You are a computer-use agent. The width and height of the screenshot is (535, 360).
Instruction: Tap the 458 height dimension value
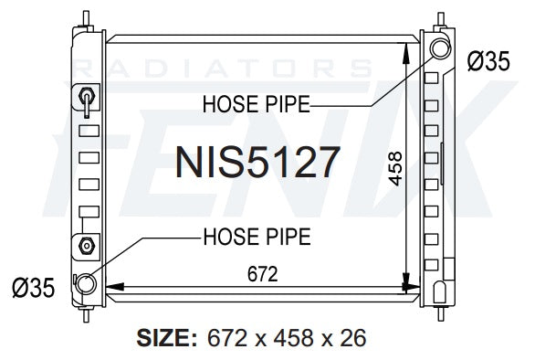pyautogui.click(x=395, y=169)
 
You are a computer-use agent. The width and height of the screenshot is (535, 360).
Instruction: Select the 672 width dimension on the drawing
pyautogui.click(x=262, y=274)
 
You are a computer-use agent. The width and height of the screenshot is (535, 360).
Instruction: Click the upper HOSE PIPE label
pyautogui.click(x=257, y=104)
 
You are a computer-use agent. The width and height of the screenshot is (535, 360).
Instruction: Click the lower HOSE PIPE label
pyautogui.click(x=257, y=237)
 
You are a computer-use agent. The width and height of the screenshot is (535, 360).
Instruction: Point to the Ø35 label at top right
pyautogui.click(x=488, y=61)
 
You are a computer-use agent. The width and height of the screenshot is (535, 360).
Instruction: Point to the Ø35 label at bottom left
pyautogui.click(x=34, y=288)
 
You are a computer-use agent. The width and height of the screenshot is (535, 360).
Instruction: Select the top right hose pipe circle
pyautogui.click(x=440, y=48)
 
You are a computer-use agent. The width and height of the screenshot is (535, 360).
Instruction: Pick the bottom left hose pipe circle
pyautogui.click(x=85, y=284)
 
